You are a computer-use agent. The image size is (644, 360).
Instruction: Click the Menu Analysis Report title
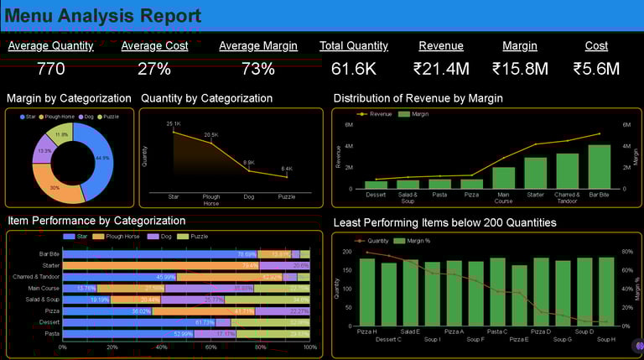103,16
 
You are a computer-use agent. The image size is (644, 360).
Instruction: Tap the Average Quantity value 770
51,69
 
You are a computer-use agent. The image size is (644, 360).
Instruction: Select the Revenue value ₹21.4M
441,69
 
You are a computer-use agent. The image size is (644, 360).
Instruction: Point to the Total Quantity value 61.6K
353,69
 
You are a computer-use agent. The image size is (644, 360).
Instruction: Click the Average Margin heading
257,46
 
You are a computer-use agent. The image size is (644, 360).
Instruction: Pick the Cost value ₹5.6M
596,69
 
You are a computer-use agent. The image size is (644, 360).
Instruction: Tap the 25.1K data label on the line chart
174,124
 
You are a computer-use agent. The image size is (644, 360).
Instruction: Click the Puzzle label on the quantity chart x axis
287,196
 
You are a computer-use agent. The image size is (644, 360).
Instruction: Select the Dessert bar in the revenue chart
376,185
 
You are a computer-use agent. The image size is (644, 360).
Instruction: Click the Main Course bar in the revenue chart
503,177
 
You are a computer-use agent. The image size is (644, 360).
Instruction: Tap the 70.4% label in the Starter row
250,265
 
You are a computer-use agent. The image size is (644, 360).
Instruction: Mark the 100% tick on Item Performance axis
309,347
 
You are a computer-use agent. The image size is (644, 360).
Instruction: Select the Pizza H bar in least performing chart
367,291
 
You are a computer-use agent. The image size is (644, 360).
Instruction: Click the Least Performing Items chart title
444,222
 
